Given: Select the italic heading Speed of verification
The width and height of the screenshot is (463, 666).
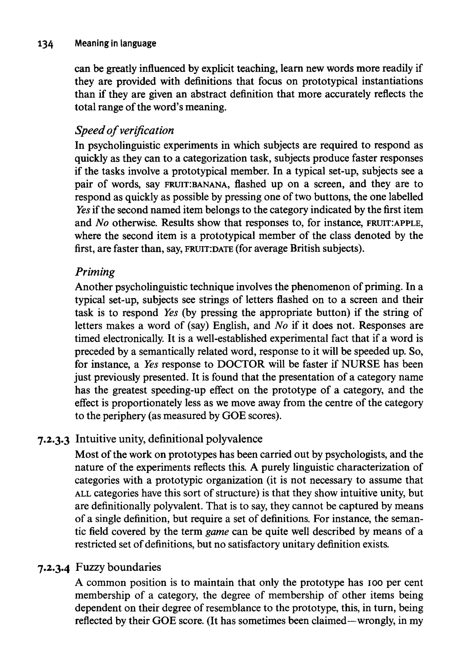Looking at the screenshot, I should point(124,131).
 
